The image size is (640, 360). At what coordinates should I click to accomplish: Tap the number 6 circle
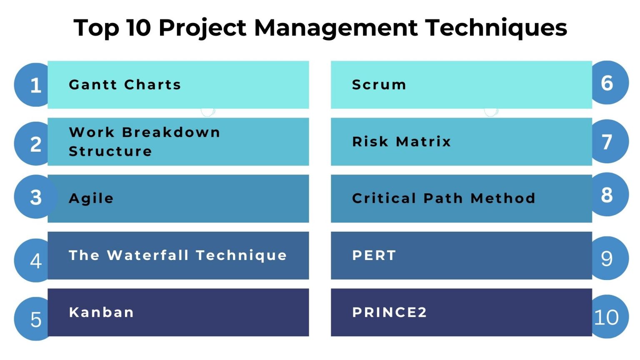coord(610,82)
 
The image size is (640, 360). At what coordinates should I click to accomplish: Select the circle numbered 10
coord(610,317)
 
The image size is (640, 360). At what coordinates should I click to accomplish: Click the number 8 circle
coord(610,194)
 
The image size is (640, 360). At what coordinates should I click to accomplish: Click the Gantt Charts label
coord(125,85)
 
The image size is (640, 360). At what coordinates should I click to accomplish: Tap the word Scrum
coord(379,85)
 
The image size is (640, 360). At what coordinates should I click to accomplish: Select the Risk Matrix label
coord(401,142)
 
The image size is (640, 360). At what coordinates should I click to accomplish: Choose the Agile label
coord(91,199)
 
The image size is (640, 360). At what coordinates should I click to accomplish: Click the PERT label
coord(374,255)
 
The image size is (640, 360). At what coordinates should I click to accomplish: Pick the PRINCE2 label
coord(390,312)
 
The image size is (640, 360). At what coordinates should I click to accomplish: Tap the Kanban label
coord(101,312)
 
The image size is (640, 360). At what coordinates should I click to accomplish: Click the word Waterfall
coord(148,255)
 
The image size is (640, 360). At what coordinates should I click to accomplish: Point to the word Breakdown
coord(171,132)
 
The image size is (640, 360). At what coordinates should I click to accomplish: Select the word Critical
coord(384,198)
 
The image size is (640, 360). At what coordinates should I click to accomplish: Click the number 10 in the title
coord(139,28)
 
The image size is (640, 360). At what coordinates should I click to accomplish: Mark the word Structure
coord(110,151)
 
